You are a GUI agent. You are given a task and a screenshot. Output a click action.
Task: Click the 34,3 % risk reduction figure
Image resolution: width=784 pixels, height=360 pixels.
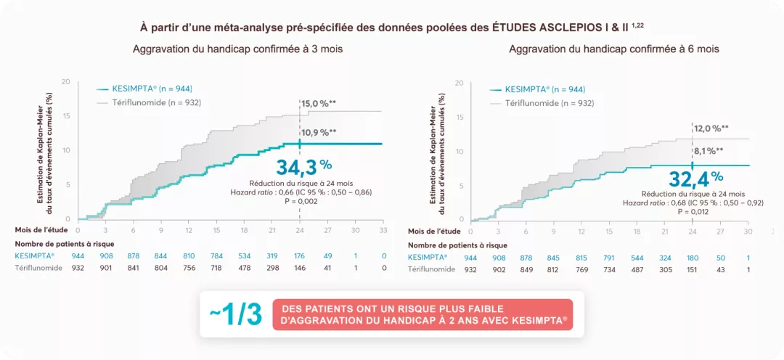[303, 166]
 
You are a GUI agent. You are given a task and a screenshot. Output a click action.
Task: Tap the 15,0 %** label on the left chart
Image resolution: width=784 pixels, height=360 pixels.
[319, 104]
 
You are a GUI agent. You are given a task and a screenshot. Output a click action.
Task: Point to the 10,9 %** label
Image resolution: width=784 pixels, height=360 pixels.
[319, 133]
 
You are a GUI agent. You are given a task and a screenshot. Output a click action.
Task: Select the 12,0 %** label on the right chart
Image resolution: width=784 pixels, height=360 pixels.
[711, 128]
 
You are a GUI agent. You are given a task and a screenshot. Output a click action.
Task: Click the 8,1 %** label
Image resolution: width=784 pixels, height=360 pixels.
[709, 151]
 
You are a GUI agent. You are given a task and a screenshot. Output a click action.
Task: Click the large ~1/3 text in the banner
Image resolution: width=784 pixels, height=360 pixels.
[236, 315]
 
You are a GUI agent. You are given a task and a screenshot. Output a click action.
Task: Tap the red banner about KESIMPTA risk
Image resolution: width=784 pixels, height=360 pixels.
[423, 315]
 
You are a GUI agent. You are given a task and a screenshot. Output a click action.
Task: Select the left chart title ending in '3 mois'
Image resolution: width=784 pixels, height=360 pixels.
[237, 49]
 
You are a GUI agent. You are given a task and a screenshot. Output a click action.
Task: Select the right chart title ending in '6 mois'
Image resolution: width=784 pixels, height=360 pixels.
[614, 49]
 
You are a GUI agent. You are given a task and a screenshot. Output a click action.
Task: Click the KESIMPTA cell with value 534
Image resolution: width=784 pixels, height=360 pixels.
[244, 255]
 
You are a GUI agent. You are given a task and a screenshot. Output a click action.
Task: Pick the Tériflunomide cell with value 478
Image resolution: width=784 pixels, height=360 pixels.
[244, 269]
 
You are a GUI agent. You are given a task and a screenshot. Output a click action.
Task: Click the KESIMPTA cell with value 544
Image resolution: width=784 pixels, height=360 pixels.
[637, 258]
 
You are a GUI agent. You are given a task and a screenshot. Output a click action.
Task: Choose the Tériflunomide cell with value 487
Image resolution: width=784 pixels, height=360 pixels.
[637, 269]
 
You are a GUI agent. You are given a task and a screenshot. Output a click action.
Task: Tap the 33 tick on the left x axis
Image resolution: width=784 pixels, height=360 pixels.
[383, 229]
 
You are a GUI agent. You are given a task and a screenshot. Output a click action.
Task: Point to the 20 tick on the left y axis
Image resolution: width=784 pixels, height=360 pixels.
[65, 81]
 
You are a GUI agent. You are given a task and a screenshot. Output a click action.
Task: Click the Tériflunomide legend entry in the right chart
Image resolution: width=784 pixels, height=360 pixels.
[542, 103]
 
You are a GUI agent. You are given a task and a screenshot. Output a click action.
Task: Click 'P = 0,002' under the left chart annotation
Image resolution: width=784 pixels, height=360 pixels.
[300, 201]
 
